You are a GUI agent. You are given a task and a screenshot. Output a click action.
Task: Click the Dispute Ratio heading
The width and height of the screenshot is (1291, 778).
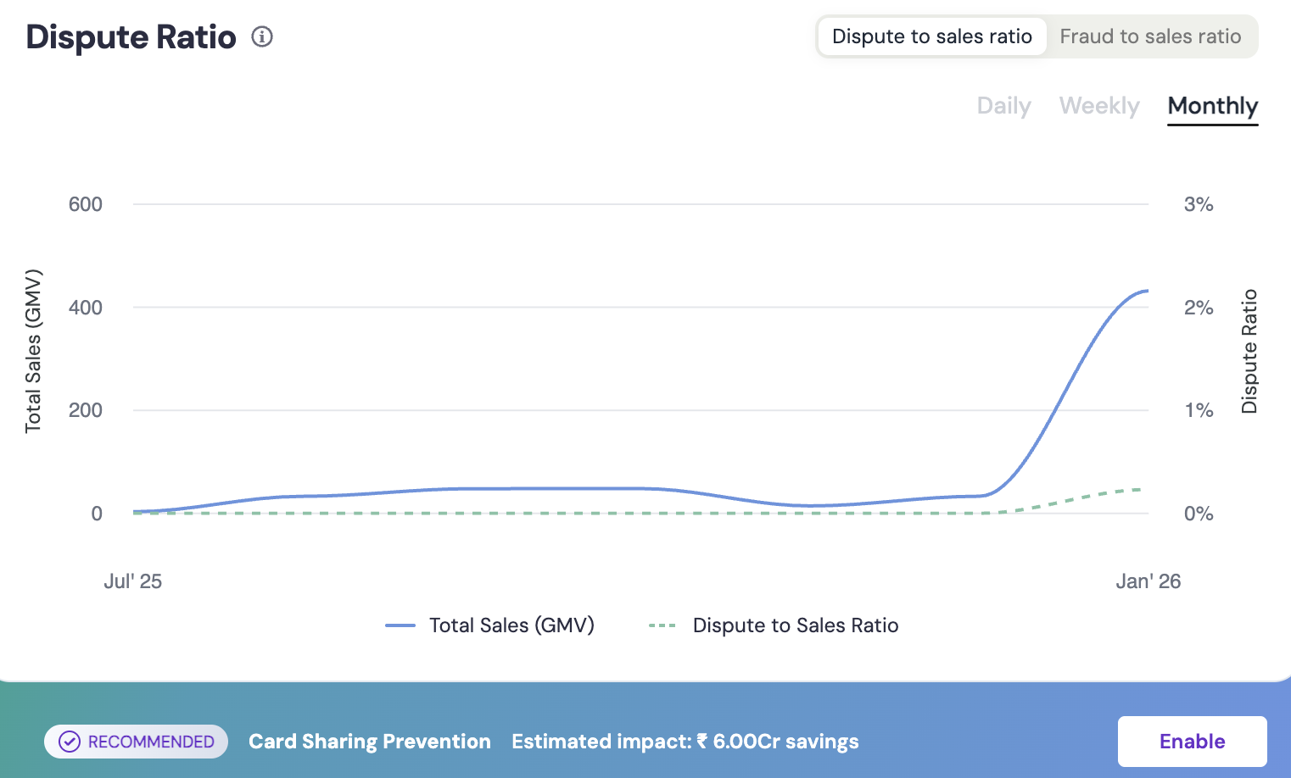tap(131, 37)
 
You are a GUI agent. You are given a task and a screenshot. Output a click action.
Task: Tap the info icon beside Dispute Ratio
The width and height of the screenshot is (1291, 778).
tap(262, 36)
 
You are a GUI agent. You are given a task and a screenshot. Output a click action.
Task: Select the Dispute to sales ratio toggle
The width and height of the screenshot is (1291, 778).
tap(931, 36)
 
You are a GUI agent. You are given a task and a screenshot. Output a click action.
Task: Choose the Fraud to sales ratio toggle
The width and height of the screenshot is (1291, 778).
tap(1150, 36)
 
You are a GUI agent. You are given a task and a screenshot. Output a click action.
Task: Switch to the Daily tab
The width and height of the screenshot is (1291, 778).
tap(1003, 106)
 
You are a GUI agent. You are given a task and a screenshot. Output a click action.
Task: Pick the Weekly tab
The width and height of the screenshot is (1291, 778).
tap(1099, 106)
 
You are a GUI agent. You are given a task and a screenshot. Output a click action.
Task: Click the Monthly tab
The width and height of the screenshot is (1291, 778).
tap(1212, 106)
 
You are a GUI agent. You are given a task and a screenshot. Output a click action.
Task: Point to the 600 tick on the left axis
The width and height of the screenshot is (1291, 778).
tap(86, 204)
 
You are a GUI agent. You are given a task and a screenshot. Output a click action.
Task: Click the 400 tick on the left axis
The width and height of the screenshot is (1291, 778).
tap(86, 308)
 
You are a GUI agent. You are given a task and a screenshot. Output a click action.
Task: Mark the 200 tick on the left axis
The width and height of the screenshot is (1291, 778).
tap(86, 410)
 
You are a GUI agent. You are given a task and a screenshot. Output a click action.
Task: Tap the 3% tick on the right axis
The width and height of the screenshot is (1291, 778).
tap(1199, 204)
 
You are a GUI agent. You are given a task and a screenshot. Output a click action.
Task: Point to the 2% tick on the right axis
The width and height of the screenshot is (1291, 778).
tap(1199, 308)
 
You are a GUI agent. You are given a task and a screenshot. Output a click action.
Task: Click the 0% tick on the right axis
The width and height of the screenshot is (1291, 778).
tap(1199, 514)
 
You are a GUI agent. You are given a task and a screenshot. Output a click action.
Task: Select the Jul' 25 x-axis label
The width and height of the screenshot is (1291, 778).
tap(132, 581)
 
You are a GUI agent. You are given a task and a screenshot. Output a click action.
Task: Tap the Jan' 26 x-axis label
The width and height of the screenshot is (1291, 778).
tap(1148, 581)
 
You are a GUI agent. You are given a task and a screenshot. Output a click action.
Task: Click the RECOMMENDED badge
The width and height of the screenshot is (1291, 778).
tap(137, 742)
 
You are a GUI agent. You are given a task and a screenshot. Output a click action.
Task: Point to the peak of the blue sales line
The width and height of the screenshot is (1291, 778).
tap(1147, 291)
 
